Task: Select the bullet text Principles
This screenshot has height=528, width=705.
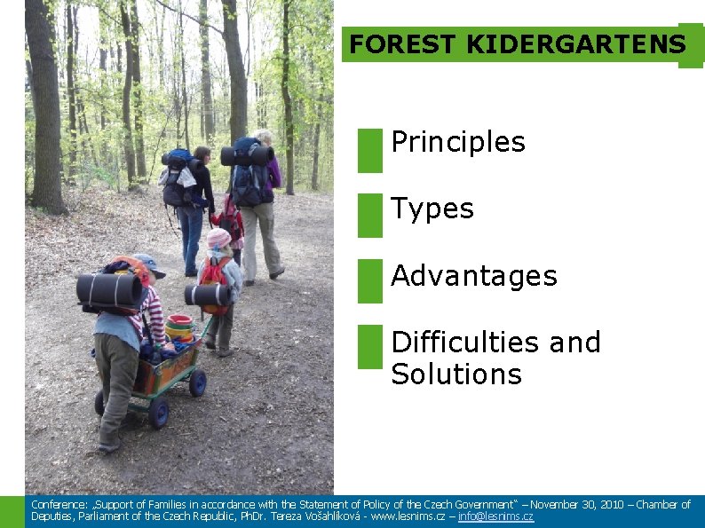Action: tap(458, 142)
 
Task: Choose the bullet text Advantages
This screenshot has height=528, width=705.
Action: tap(474, 276)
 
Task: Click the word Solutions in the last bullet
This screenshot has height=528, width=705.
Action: tap(456, 374)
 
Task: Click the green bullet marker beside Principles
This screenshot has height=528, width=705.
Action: tap(370, 150)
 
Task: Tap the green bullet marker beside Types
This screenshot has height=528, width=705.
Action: tap(370, 216)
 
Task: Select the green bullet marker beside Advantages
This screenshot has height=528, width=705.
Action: tap(370, 281)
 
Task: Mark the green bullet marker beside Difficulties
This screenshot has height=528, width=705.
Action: tap(370, 347)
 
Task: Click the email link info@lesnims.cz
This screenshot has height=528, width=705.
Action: tap(495, 516)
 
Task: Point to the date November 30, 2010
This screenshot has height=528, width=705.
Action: tap(577, 505)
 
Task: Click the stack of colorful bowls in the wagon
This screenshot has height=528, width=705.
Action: tap(179, 328)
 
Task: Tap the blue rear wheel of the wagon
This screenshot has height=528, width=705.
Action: tap(158, 412)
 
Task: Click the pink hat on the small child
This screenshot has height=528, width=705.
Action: tap(218, 238)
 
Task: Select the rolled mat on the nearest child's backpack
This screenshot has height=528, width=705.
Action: tap(108, 290)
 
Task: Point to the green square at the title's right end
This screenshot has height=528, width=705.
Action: tap(691, 45)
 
